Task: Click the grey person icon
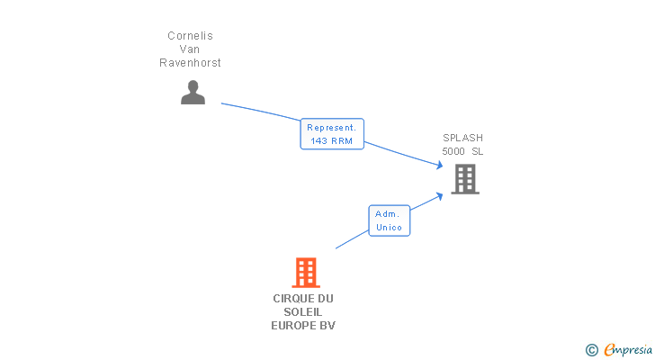(x=193, y=93)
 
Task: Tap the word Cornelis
(x=190, y=36)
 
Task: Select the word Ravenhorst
(x=190, y=63)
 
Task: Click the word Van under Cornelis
(x=190, y=49)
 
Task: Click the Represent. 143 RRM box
(x=332, y=133)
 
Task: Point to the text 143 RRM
(x=332, y=141)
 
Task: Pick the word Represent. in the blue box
(x=332, y=128)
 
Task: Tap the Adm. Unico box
(x=390, y=220)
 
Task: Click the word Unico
(x=389, y=227)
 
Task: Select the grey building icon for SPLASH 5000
(x=465, y=179)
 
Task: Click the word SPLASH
(x=462, y=138)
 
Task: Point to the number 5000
(x=453, y=151)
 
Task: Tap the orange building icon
(x=306, y=273)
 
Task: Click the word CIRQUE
(x=292, y=299)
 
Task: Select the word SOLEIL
(x=303, y=312)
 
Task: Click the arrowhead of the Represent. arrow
(x=439, y=166)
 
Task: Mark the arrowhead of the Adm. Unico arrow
(x=439, y=196)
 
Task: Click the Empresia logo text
(x=628, y=350)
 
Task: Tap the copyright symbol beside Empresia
(x=592, y=350)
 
